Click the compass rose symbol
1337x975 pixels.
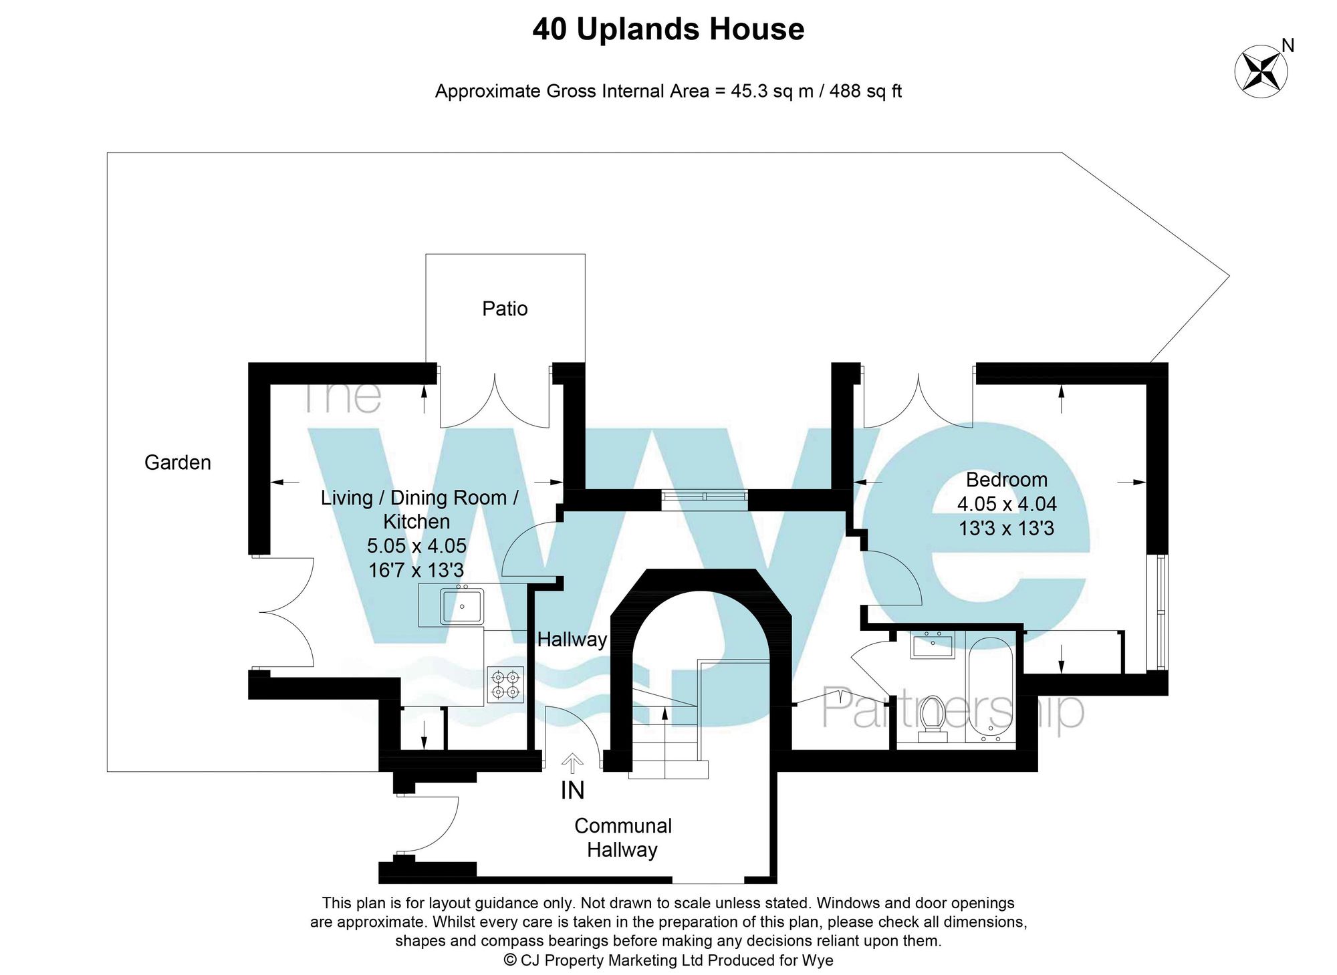pos(1260,72)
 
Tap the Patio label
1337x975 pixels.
pos(505,309)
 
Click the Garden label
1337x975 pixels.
pos(177,462)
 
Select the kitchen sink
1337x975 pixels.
pos(461,606)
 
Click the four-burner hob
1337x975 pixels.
pos(505,684)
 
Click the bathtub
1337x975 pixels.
pos(990,688)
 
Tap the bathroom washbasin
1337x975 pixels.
pos(932,645)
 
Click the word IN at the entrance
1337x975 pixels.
pos(572,791)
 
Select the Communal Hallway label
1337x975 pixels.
pos(622,838)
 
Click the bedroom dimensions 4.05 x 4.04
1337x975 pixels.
pos(1006,504)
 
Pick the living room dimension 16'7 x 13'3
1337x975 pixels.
pos(416,570)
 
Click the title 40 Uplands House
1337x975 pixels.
pos(668,29)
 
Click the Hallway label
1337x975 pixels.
pos(572,640)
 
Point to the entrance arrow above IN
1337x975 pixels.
pos(572,762)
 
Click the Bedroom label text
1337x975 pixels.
pos(1006,480)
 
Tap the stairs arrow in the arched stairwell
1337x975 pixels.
pos(664,716)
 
